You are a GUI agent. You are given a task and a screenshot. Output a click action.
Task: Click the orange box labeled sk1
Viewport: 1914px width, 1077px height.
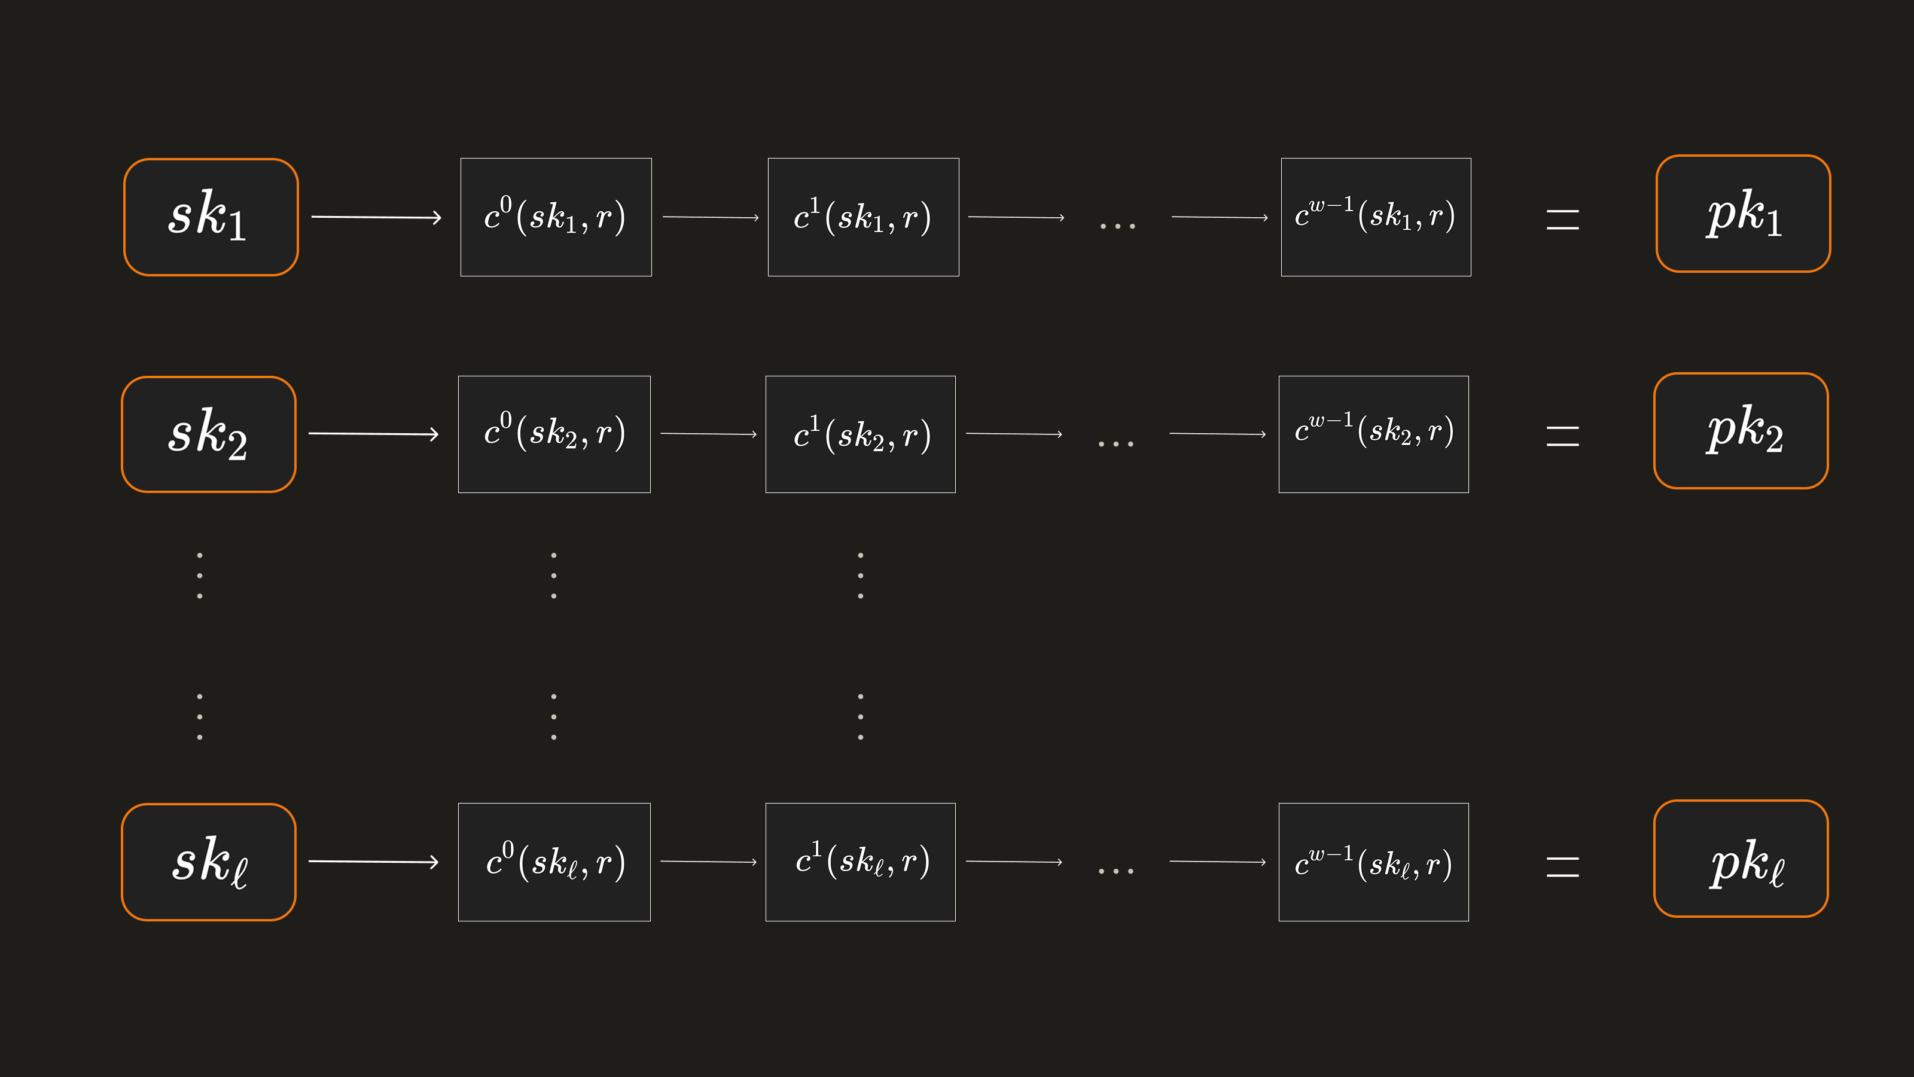coord(211,217)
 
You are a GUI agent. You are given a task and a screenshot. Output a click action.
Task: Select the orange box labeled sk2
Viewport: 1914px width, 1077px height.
coord(209,434)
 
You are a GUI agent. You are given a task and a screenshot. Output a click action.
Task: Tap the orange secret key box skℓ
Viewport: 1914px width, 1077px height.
coord(209,862)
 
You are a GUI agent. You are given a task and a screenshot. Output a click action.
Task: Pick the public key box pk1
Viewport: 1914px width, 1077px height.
coord(1743,214)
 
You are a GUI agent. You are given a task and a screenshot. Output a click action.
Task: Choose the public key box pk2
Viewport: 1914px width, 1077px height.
coord(1741,431)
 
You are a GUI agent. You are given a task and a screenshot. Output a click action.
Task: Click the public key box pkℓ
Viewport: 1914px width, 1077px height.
coord(1741,859)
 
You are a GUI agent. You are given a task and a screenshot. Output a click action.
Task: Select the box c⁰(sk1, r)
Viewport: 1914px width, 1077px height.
coord(556,217)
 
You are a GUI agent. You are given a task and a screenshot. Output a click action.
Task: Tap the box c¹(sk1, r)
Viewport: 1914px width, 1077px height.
coord(863,217)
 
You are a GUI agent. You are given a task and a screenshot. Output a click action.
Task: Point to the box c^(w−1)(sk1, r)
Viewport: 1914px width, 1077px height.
coord(1376,217)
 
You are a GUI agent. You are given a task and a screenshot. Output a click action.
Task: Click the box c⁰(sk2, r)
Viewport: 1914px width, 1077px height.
coord(554,434)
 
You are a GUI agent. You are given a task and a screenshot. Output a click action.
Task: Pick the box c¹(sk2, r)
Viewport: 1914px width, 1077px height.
coord(861,434)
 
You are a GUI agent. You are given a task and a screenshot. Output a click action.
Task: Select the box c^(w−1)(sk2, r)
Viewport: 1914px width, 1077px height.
coord(1374,434)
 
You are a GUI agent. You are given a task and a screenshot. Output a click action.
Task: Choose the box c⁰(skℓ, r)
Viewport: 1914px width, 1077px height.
coord(554,862)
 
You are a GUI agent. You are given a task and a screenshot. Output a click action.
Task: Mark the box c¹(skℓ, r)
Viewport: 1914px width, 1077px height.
coord(861,862)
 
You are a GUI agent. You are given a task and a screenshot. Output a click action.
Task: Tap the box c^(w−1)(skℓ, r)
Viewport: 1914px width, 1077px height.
coord(1374,862)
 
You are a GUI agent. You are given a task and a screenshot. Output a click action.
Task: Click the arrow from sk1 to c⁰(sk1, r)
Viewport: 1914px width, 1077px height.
coord(377,217)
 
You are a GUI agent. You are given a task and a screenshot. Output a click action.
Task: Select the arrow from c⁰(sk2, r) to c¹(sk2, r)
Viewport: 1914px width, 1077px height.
coord(709,434)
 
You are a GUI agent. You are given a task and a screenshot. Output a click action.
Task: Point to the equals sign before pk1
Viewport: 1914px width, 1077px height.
coord(1562,219)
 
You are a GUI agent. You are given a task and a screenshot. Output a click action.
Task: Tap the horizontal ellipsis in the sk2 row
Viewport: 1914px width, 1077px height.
coord(1116,444)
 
